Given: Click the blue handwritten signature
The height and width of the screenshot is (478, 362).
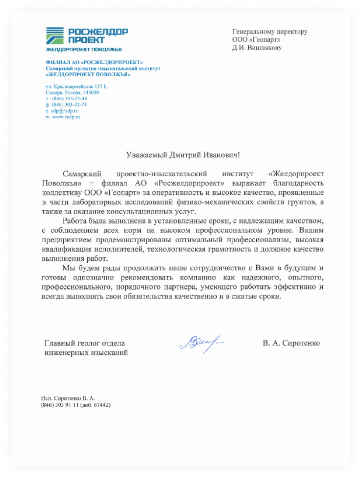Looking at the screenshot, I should tap(201, 344).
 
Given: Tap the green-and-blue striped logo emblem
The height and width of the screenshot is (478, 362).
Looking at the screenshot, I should tap(55, 36).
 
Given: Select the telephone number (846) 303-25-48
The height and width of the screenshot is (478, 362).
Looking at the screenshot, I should tap(69, 99).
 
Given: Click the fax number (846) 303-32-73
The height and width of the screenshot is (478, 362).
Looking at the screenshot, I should tap(69, 105).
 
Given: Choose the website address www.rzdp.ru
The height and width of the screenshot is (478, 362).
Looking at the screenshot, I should tap(66, 117).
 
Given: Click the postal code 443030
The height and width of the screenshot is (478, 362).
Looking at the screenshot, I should tap(91, 93).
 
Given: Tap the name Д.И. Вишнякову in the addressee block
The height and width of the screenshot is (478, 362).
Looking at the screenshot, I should tap(257, 48).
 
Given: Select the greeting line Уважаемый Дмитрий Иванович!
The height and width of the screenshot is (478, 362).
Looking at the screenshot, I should tap(183, 155).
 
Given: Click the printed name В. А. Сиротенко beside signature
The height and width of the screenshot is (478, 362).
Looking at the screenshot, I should tap(291, 343).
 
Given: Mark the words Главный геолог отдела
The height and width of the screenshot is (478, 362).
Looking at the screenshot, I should tap(85, 343).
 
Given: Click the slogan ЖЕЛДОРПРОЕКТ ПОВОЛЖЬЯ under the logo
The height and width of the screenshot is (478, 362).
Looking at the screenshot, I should tap(84, 50).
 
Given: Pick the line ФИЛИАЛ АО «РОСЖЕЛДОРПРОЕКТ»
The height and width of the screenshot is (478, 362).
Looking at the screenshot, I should tap(94, 62).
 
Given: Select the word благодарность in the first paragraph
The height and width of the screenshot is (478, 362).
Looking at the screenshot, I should tap(298, 183).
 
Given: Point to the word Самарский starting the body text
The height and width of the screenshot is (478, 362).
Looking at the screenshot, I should tap(82, 174).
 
